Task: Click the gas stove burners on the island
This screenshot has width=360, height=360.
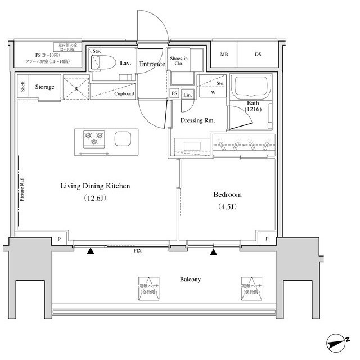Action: (x=94, y=136)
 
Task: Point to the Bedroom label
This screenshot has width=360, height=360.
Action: (x=227, y=195)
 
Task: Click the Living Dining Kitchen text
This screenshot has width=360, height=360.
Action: (x=95, y=186)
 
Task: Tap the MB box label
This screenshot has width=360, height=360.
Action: (x=224, y=55)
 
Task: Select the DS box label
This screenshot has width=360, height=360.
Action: (x=258, y=55)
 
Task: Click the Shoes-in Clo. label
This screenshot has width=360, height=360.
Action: (x=179, y=60)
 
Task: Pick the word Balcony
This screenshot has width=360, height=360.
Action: (x=191, y=280)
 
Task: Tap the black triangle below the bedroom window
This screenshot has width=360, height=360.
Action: (x=213, y=251)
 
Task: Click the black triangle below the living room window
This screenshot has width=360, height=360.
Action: (x=91, y=251)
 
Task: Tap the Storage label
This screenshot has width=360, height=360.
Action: (x=44, y=87)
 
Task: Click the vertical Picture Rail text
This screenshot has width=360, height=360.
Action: (x=22, y=190)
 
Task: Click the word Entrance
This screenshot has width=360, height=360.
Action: (x=152, y=64)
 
